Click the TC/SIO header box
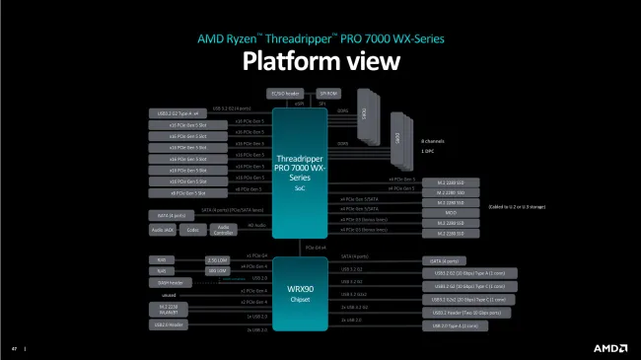(283, 92)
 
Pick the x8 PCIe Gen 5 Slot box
(178, 193)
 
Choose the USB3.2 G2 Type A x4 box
(178, 113)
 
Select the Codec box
(194, 230)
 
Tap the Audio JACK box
(164, 230)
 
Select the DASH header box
(164, 281)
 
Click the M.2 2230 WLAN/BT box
(164, 310)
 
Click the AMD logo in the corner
(608, 346)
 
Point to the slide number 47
(15, 348)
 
